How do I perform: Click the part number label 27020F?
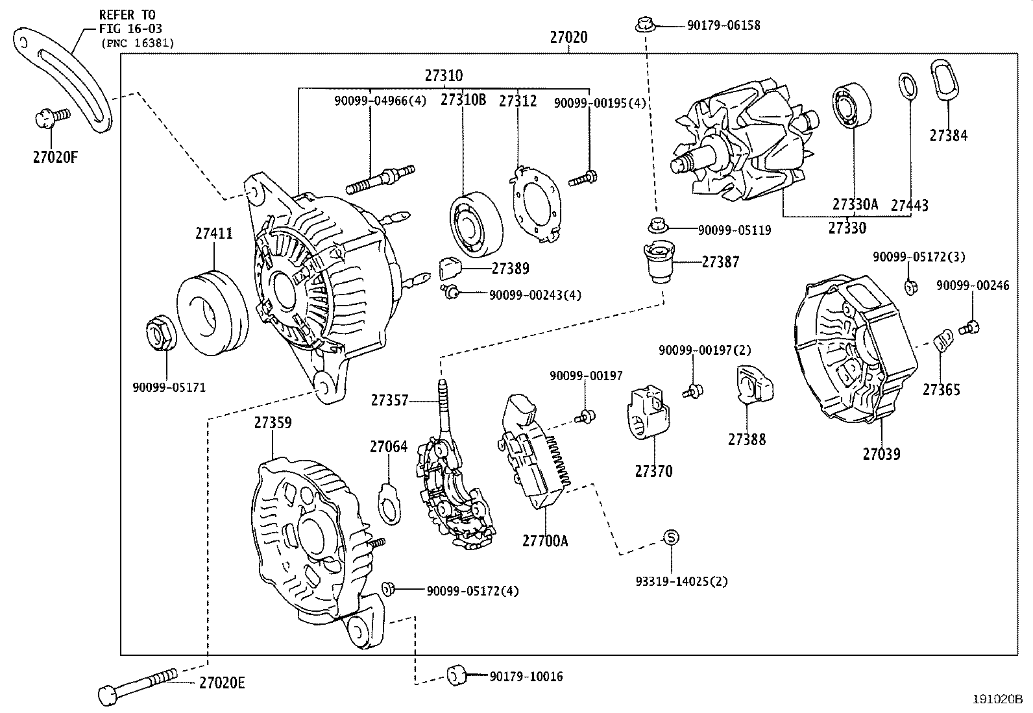55,156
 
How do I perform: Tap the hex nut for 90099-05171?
160,333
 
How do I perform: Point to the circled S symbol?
671,537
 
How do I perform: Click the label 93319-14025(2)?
681,581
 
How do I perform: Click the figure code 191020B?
997,699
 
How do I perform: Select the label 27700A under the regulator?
545,540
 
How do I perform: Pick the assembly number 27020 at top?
568,38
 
